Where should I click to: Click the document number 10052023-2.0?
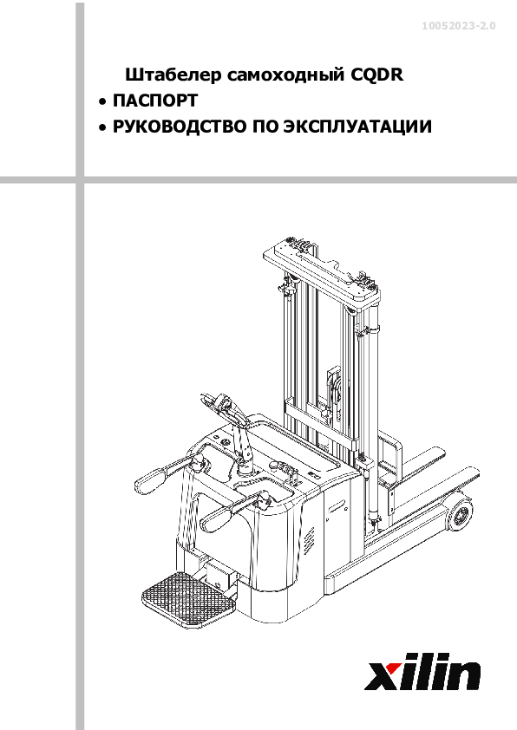point(459,26)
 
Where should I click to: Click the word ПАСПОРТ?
point(155,100)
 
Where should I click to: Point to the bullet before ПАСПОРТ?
point(102,101)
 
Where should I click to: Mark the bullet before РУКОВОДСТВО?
point(102,127)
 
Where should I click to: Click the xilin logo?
point(422,671)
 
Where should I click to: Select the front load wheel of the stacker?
point(460,514)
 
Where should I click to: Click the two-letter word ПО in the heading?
point(265,127)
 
